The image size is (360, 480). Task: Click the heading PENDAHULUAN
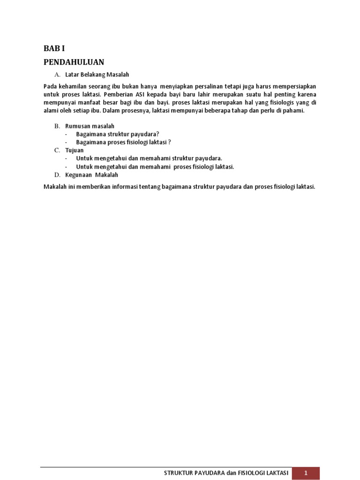pyautogui.click(x=74, y=62)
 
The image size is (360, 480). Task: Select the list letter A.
pyautogui.click(x=58, y=75)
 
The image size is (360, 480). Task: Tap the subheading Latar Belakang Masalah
pyautogui.click(x=97, y=75)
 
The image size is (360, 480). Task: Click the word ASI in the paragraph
pyautogui.click(x=141, y=94)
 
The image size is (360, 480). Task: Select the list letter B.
pyautogui.click(x=57, y=126)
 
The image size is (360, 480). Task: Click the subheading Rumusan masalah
pyautogui.click(x=90, y=126)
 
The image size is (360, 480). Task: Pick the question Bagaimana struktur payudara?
pyautogui.click(x=118, y=134)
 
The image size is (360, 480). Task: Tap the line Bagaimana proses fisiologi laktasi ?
pyautogui.click(x=123, y=142)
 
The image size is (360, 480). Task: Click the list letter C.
pyautogui.click(x=57, y=150)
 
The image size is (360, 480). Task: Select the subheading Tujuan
pyautogui.click(x=75, y=150)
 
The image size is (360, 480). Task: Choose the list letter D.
pyautogui.click(x=57, y=175)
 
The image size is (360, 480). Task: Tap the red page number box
pyautogui.click(x=306, y=473)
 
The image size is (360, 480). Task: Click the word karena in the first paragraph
pyautogui.click(x=307, y=94)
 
